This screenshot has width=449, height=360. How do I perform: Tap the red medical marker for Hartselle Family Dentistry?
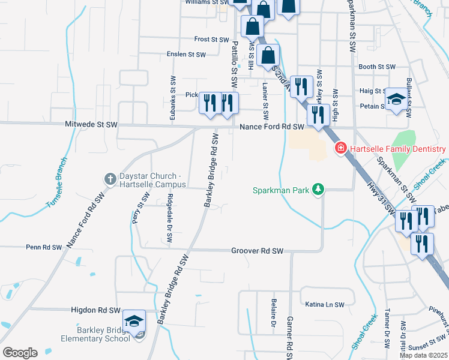(340, 148)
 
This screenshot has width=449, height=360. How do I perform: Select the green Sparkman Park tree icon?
(319, 190)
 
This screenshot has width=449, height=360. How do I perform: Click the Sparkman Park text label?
(280, 190)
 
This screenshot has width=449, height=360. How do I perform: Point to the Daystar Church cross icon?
(110, 178)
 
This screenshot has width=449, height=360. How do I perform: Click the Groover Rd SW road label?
(257, 251)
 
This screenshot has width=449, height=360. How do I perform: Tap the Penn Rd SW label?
(44, 247)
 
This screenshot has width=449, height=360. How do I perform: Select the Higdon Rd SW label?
(96, 310)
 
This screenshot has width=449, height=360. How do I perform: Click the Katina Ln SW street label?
(325, 305)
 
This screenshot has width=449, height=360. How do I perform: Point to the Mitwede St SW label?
(91, 125)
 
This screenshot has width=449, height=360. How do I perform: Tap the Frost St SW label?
(212, 39)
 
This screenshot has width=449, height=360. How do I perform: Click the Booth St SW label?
(377, 67)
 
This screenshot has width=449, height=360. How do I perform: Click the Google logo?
(20, 353)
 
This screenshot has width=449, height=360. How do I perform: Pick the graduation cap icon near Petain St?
(396, 100)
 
